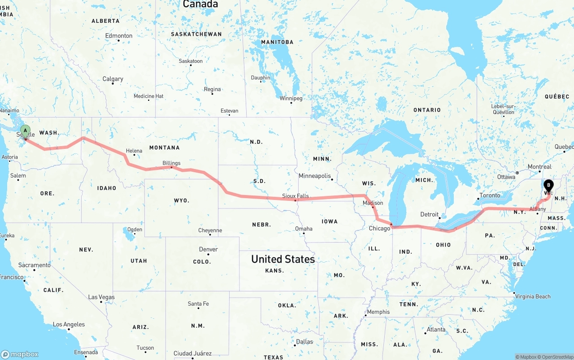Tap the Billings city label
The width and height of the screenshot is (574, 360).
[x=171, y=163]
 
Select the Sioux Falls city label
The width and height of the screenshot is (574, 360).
[x=296, y=196]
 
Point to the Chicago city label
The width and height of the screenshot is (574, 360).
[x=379, y=229]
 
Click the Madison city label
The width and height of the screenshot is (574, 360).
[x=373, y=203]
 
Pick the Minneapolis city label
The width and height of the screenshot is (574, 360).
[x=315, y=176]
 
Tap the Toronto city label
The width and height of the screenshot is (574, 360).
[x=490, y=195]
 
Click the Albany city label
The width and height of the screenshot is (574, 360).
[x=538, y=209]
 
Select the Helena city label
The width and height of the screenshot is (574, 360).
[x=134, y=151]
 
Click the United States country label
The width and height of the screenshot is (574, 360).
[x=283, y=259]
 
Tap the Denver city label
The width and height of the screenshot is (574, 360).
[x=209, y=249]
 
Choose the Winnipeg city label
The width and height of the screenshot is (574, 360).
[x=291, y=98]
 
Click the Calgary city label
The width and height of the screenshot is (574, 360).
[x=113, y=79]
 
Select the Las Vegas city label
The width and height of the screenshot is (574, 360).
[x=101, y=297]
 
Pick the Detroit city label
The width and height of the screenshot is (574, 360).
[x=430, y=214]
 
